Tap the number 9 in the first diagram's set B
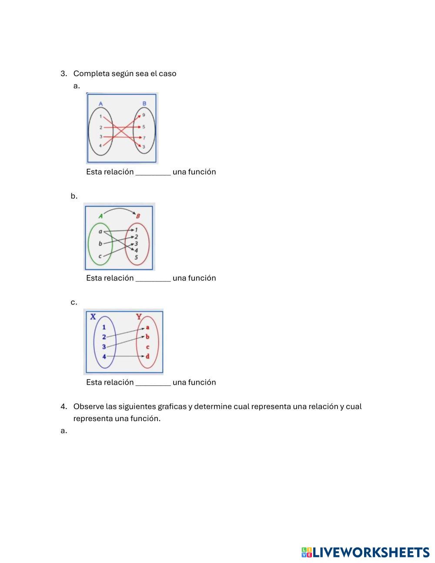144,115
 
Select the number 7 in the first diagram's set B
144,137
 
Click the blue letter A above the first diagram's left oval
100,104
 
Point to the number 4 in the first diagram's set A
100,146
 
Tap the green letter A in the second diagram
100,216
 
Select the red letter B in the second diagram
138,216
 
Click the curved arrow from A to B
119,209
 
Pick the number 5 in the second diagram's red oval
136,258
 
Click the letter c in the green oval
100,256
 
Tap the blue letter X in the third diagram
93,317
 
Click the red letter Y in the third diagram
139,317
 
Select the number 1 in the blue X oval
104,327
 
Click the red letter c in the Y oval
148,347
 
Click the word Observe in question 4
88,407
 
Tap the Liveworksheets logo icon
307,553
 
